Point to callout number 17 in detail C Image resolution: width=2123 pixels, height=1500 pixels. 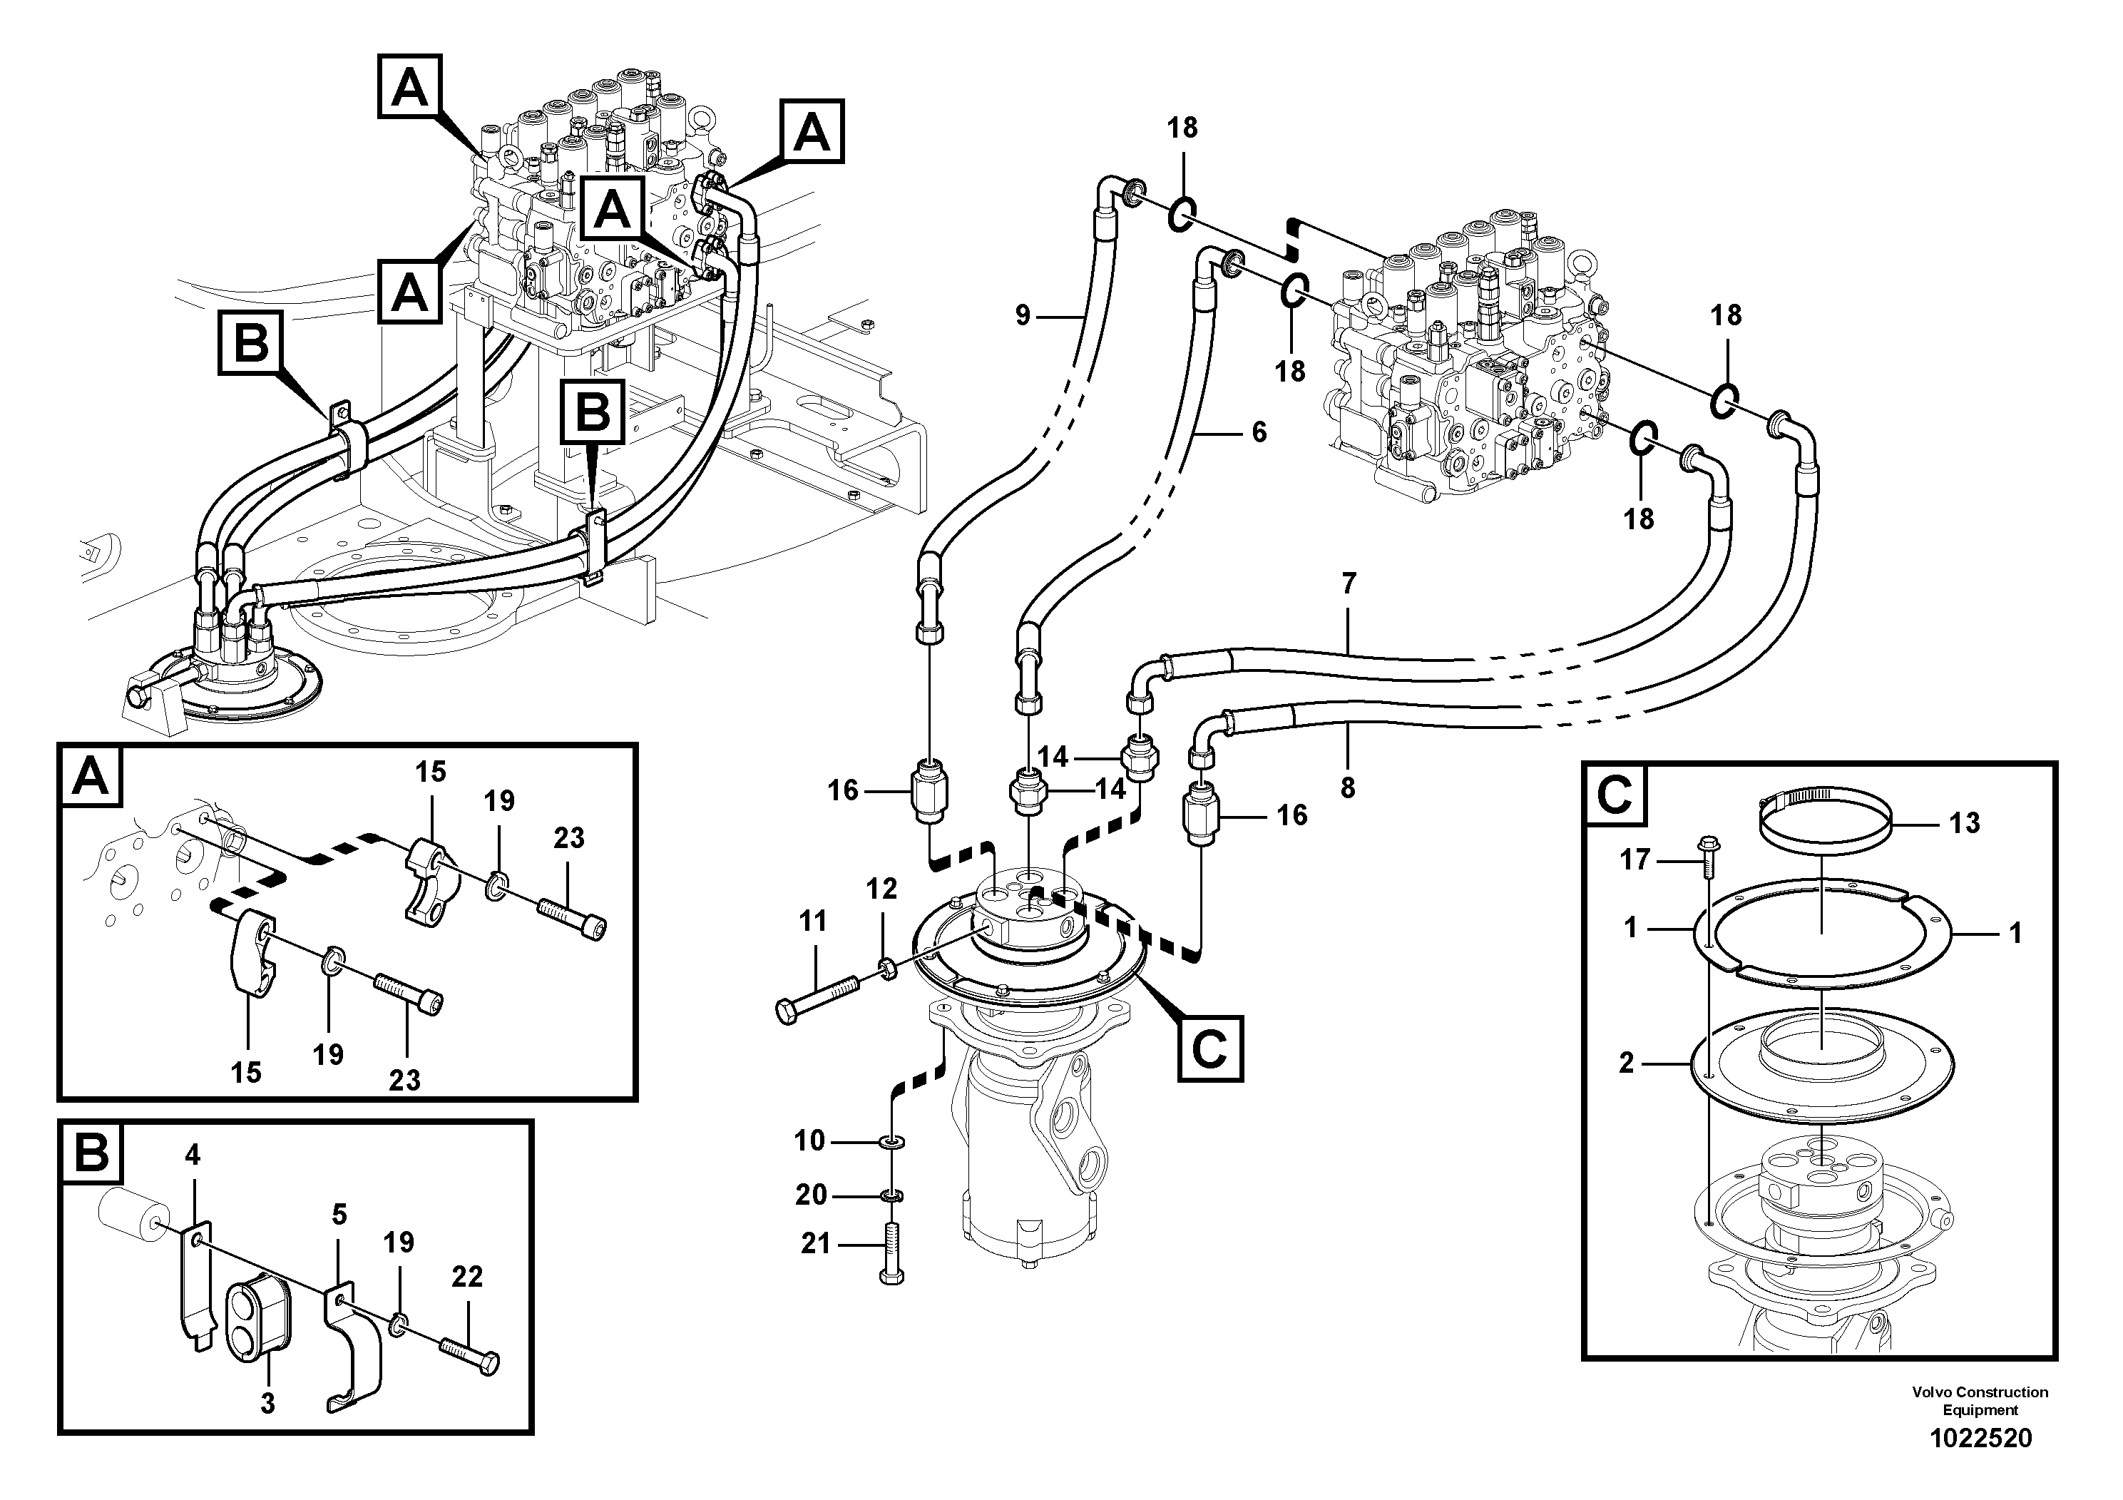pos(1635,860)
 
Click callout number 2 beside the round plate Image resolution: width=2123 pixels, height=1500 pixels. pos(1627,1063)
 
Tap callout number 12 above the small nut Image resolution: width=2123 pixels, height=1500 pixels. pos(881,889)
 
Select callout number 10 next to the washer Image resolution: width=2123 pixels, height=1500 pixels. pos(810,1141)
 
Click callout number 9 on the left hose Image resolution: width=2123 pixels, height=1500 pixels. pos(1023,315)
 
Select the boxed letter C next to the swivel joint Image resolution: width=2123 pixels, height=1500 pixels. pos(1209,1048)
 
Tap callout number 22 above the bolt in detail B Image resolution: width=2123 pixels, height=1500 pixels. pos(467,1277)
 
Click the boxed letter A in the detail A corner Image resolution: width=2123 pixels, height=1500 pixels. pos(90,777)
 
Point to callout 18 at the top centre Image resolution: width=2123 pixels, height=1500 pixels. pos(1182,128)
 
